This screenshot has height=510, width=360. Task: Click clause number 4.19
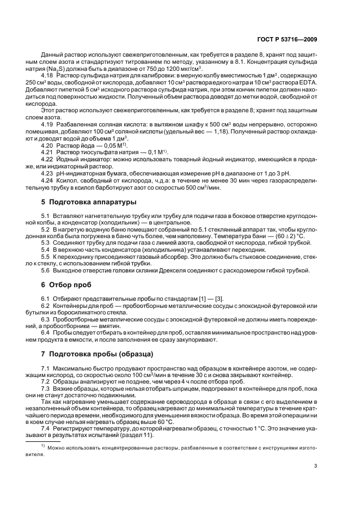click(47, 124)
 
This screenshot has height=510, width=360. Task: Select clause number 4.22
click(47, 159)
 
